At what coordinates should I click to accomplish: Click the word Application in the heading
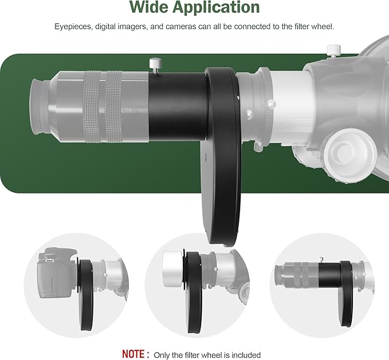coord(216,7)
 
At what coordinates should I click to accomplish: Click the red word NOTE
coord(133,354)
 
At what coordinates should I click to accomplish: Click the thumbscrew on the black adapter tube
coord(156,65)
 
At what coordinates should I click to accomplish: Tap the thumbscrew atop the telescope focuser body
coord(333,50)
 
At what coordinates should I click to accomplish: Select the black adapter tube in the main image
coord(178,107)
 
